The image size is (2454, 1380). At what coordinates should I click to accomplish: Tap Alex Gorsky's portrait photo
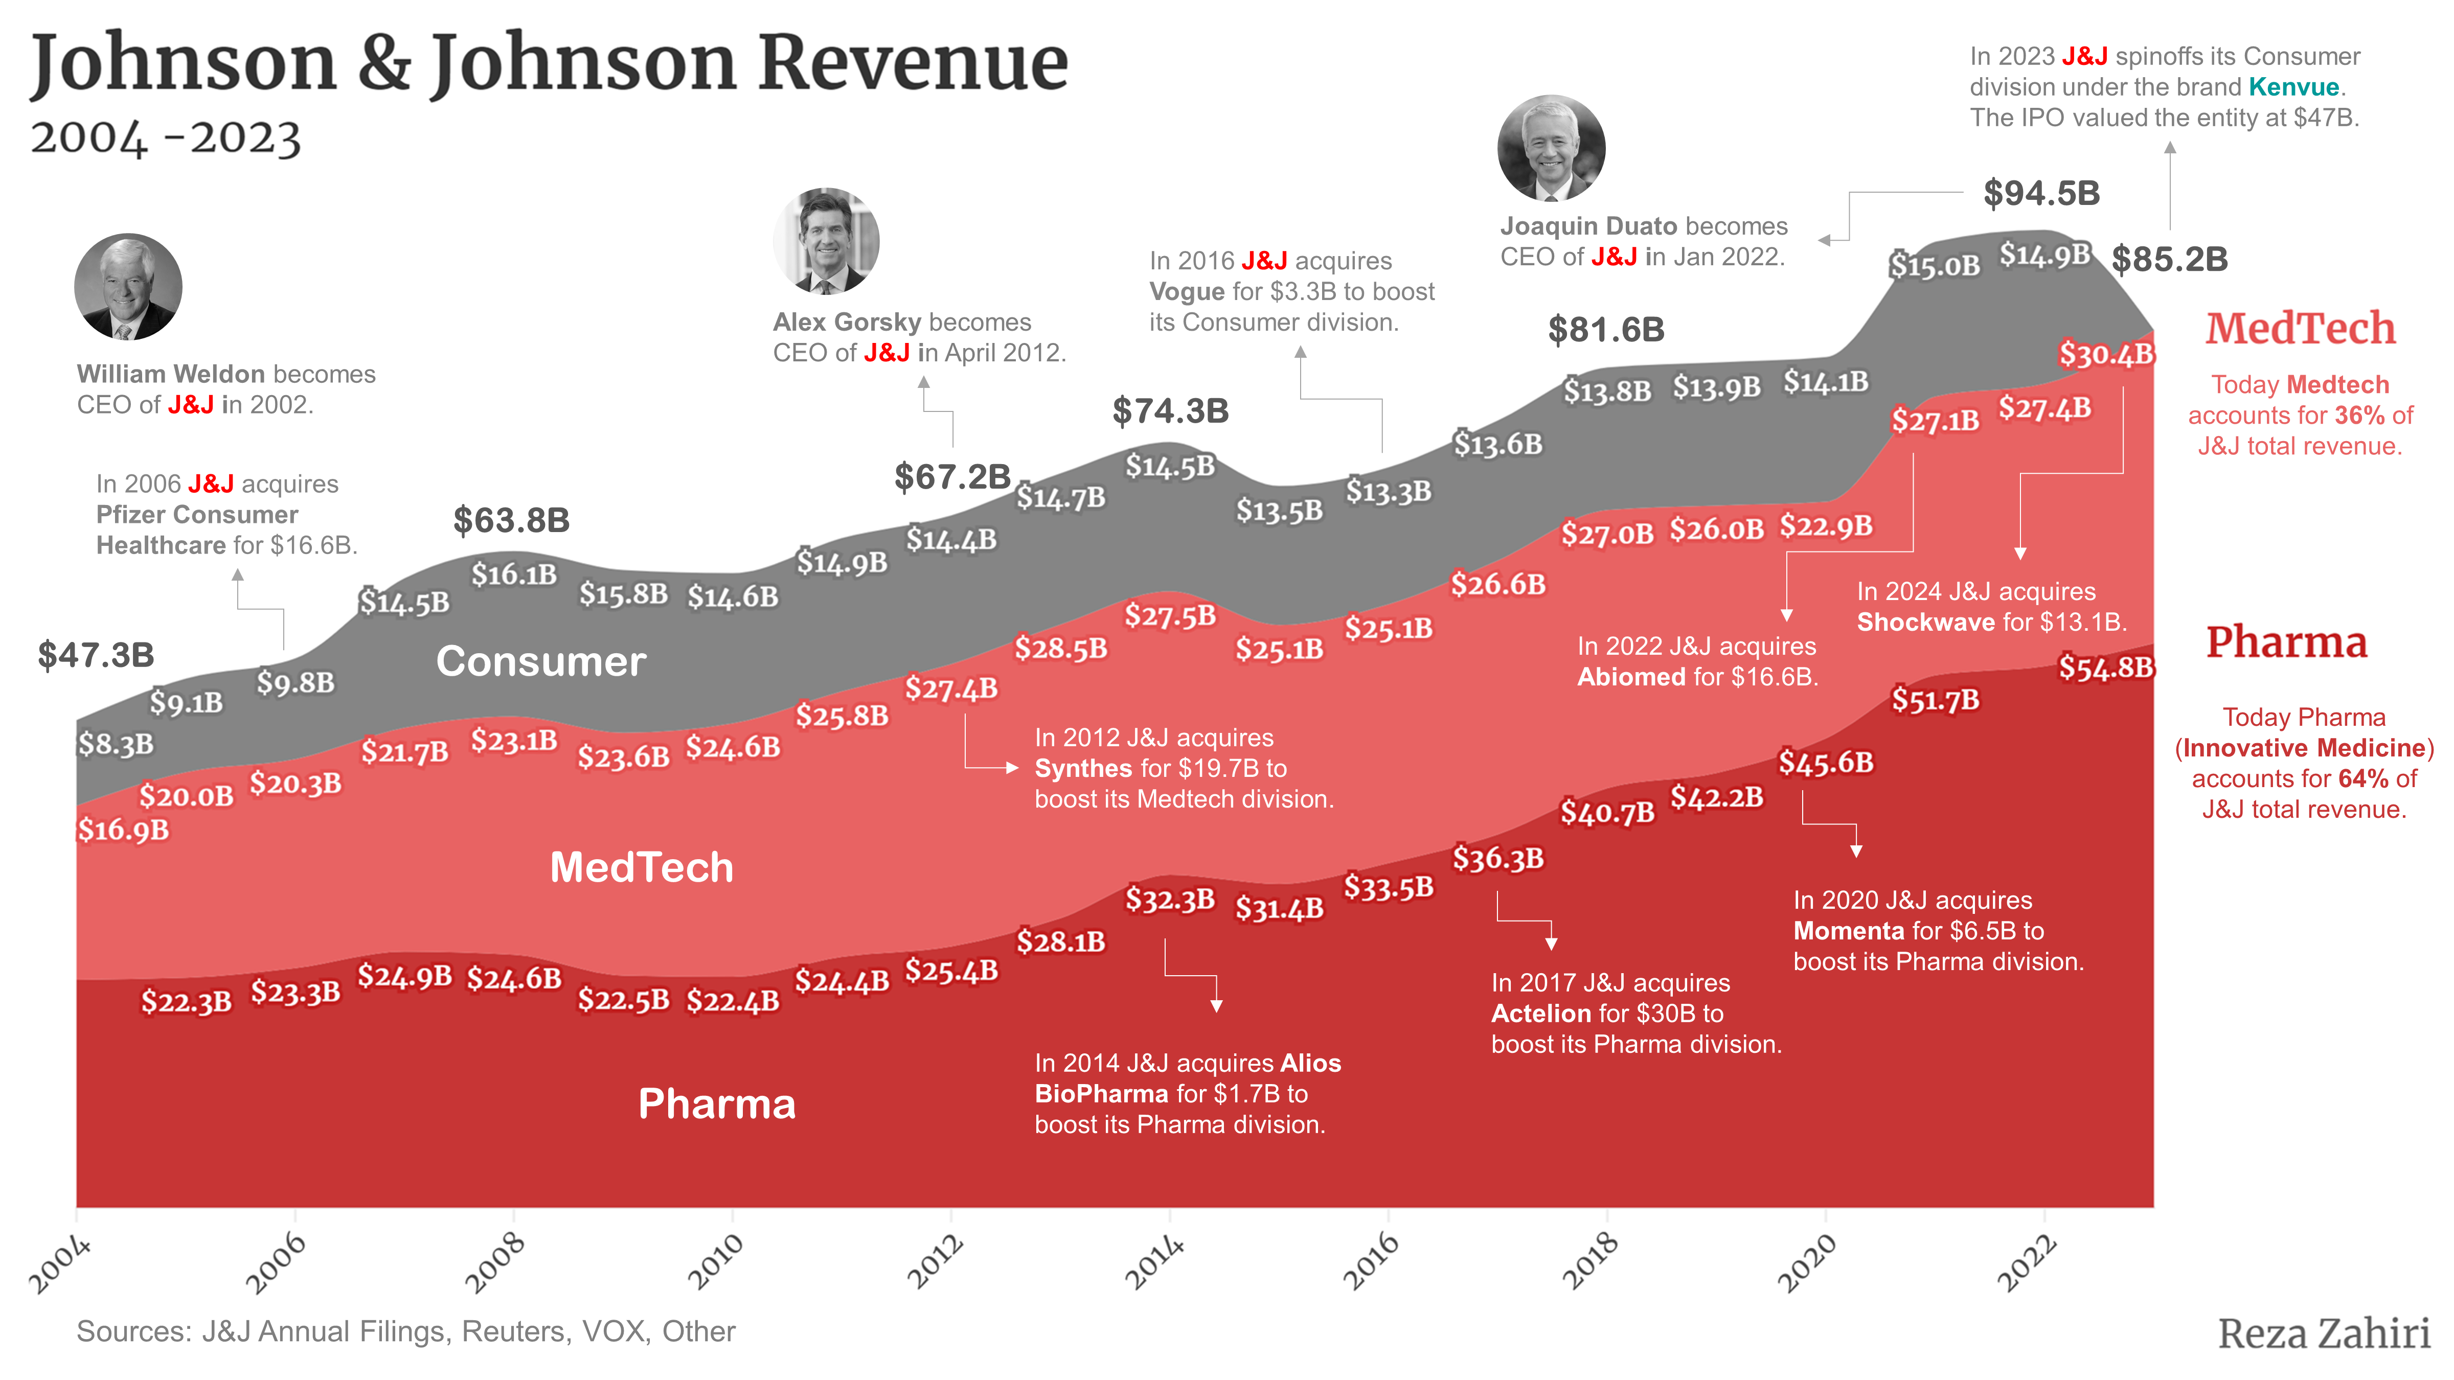point(826,241)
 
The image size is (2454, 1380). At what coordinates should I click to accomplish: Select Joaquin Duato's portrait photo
point(1551,148)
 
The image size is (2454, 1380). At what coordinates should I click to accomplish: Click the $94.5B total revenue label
point(2040,193)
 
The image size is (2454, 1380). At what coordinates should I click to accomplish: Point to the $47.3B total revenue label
point(95,655)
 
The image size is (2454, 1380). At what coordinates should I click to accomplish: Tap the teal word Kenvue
point(2293,87)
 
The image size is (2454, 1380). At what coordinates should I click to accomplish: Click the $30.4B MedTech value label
point(2105,354)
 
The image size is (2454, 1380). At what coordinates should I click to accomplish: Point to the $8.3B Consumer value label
point(115,744)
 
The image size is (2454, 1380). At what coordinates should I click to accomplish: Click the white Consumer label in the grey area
point(540,661)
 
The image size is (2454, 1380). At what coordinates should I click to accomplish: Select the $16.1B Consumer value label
point(513,574)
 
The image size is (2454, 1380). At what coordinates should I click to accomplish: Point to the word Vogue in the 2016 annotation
point(1186,291)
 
